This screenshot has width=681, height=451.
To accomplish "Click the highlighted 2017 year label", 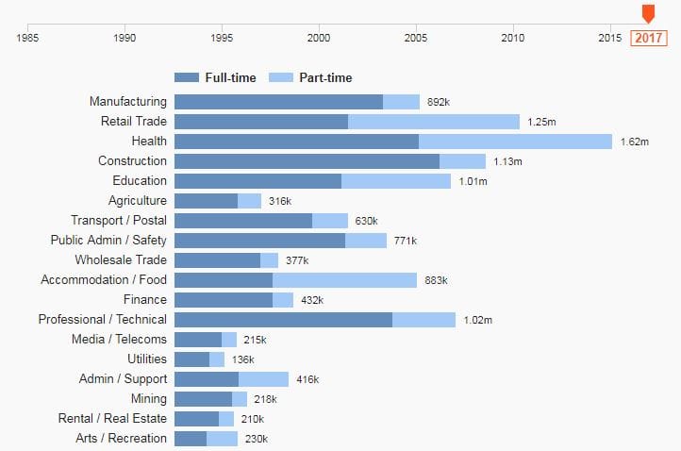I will pyautogui.click(x=648, y=38).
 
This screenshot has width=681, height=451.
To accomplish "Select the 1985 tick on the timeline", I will pyautogui.click(x=28, y=38).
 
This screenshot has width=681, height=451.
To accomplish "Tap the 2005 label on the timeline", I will pyautogui.click(x=416, y=38).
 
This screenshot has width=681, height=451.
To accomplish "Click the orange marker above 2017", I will pyautogui.click(x=648, y=13).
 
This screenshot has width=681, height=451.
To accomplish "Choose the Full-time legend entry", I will pyautogui.click(x=216, y=77).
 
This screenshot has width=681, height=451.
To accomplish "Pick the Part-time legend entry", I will pyautogui.click(x=311, y=77).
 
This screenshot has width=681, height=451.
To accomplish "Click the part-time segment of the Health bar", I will pyautogui.click(x=515, y=142).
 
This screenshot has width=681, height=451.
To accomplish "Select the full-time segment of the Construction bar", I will pyautogui.click(x=307, y=161).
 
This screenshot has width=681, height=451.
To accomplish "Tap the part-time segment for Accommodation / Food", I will pyautogui.click(x=344, y=280).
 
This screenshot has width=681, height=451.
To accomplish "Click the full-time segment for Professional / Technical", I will pyautogui.click(x=283, y=320).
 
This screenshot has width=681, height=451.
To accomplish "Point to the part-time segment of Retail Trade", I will pyautogui.click(x=434, y=122).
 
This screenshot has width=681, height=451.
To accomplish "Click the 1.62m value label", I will pyautogui.click(x=635, y=142).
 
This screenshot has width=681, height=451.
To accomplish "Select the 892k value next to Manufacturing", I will pyautogui.click(x=439, y=102).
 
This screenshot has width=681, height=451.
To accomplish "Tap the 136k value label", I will pyautogui.click(x=242, y=359).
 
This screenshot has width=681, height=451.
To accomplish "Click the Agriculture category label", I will pyautogui.click(x=138, y=200).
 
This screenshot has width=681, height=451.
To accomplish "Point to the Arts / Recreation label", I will pyautogui.click(x=121, y=438).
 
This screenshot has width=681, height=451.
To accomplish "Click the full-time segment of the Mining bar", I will pyautogui.click(x=203, y=399).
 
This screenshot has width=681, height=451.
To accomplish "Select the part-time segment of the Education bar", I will pyautogui.click(x=396, y=181).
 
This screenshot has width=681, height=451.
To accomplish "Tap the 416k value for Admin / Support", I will pyautogui.click(x=307, y=379).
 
